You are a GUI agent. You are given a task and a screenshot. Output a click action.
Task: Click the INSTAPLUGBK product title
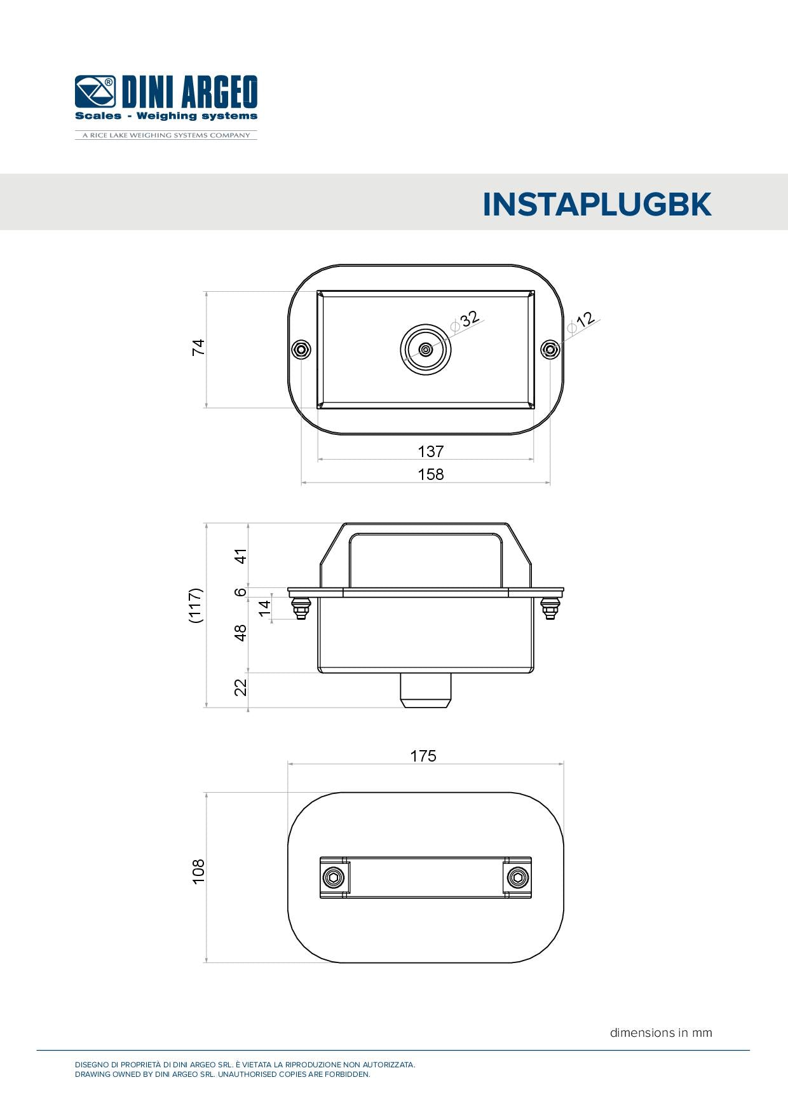coord(597,205)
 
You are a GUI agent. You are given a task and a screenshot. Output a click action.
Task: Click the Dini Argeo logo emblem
coord(95,92)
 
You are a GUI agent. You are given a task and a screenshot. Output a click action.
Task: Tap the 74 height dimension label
coord(198,347)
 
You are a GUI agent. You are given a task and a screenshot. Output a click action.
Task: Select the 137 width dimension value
coord(430,451)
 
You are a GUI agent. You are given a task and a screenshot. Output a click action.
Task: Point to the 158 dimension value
coord(430,474)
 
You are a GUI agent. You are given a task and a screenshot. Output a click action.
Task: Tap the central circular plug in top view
coord(426,349)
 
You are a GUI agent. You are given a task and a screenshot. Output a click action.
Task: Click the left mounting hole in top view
coord(301,350)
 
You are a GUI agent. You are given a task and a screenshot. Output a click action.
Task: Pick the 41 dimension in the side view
coord(240,556)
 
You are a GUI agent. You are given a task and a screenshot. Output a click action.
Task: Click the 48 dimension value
coord(240,633)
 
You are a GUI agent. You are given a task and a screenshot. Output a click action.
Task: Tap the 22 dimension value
coord(240,687)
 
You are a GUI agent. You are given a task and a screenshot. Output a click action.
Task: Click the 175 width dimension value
coord(423,756)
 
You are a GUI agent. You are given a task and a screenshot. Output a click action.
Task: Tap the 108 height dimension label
coord(198,871)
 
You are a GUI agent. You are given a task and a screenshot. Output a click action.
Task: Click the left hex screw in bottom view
coord(333,878)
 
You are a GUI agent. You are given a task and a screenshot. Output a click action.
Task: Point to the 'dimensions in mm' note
coord(661,1033)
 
